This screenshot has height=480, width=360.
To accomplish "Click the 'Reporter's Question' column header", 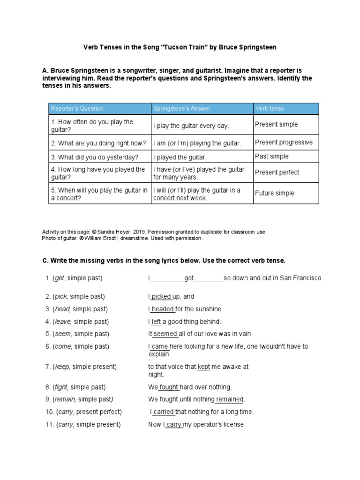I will tap(77, 109).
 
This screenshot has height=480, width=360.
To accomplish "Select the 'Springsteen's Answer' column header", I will tap(182, 109).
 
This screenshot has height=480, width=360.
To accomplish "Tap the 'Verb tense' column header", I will tap(270, 109).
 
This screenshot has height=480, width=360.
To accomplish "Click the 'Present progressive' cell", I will tap(284, 142).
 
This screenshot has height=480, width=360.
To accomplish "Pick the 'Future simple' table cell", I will tap(275, 193).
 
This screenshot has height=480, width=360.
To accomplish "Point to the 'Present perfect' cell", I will tap(277, 172).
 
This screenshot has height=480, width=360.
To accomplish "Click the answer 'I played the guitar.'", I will tap(180, 157).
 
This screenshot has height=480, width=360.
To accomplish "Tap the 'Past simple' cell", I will tap(272, 157).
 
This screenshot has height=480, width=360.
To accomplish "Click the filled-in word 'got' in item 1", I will tap(189, 278).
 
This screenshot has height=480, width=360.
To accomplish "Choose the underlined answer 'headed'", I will tap(163, 309).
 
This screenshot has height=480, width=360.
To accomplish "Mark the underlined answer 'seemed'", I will tap(165, 334).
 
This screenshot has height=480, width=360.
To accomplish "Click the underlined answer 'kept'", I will tap(204, 367).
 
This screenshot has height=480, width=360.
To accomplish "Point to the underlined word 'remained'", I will tap(230, 399).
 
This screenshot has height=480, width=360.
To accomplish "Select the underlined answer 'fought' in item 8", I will tap(169, 387).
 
